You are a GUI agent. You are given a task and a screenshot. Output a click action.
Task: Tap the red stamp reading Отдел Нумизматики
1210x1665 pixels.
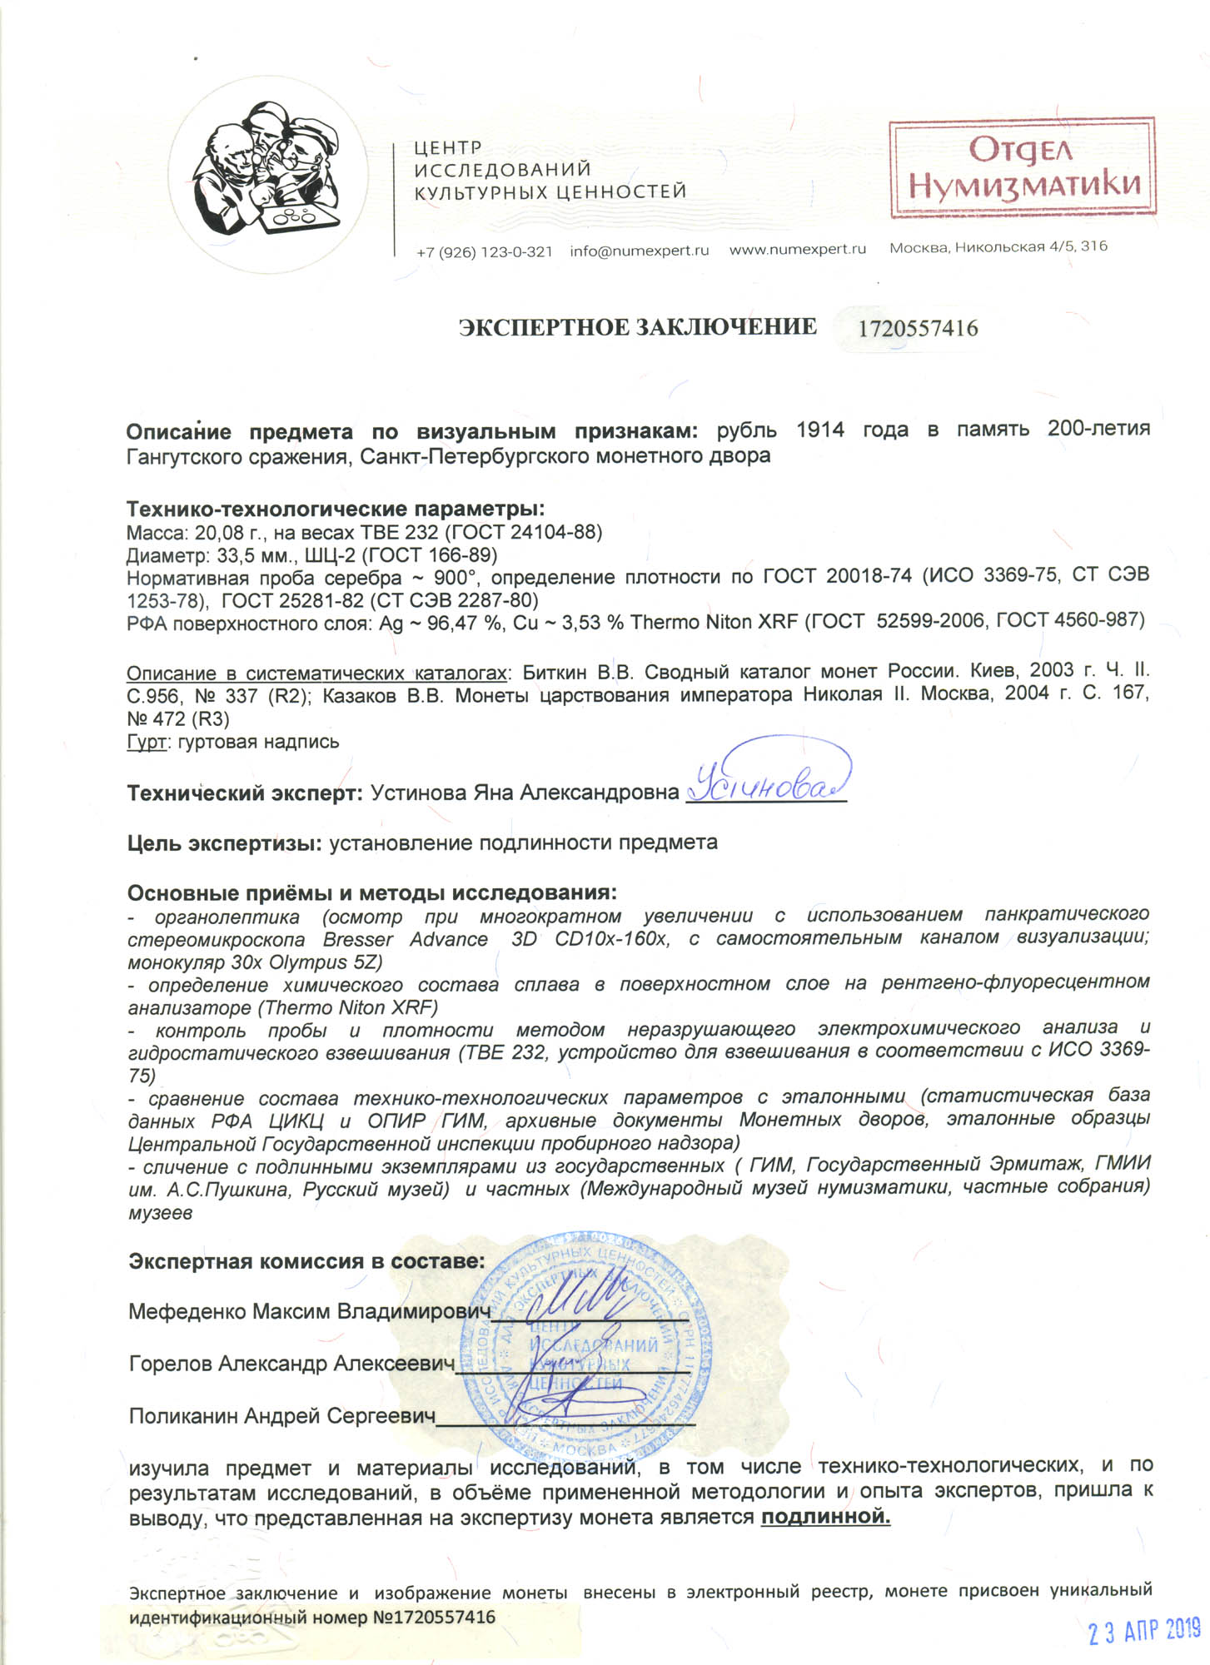click(1022, 167)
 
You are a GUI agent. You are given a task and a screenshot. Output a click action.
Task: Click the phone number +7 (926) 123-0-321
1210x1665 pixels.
click(484, 251)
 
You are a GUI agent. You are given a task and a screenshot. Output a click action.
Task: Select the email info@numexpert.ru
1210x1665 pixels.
click(639, 251)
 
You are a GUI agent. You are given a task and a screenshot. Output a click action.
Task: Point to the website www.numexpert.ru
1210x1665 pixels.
click(797, 249)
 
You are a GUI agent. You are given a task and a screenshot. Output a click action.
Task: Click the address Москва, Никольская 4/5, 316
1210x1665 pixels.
click(998, 246)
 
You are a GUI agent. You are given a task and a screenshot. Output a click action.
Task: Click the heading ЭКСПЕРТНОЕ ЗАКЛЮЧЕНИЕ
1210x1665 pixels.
click(637, 327)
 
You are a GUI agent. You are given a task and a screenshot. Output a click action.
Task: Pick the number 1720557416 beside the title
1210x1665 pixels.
click(918, 329)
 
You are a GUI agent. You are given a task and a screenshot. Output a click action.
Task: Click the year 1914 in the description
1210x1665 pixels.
click(819, 430)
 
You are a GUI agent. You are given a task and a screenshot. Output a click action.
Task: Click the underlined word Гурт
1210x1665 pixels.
click(146, 742)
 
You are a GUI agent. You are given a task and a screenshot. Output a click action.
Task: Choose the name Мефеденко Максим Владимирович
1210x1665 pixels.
click(308, 1312)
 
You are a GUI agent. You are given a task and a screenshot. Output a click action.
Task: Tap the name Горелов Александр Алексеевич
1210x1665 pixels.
click(291, 1364)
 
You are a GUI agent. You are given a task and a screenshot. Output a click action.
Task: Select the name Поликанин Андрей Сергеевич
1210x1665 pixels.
click(282, 1416)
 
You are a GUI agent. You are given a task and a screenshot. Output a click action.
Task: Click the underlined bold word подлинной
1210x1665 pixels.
click(825, 1517)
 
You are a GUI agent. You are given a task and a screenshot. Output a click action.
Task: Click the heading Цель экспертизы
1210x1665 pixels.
click(224, 842)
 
